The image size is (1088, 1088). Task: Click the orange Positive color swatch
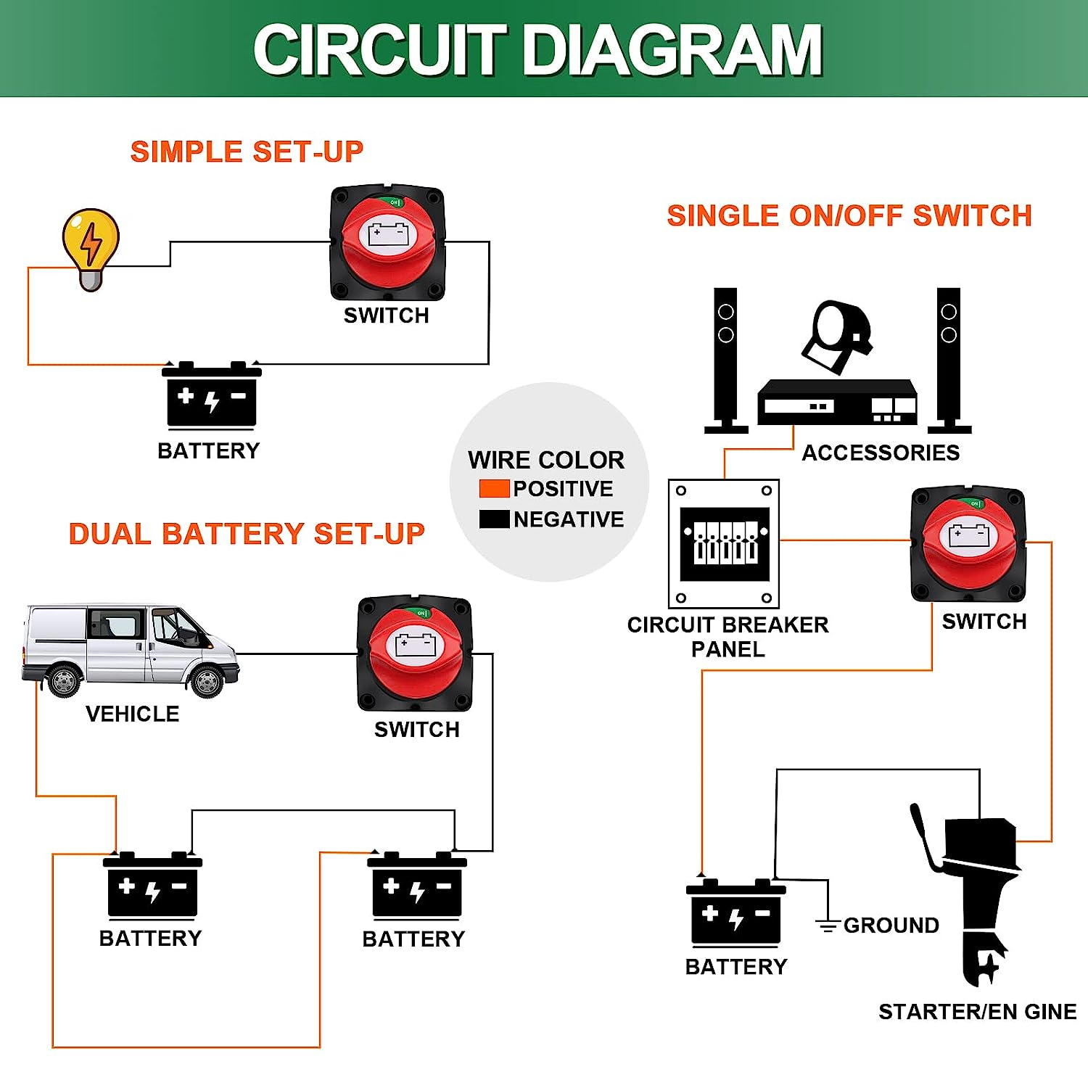(494, 489)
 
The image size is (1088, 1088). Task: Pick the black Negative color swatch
(494, 519)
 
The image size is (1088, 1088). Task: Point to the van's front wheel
(207, 682)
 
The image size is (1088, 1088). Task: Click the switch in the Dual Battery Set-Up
(415, 654)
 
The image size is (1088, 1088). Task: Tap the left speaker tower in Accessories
(725, 359)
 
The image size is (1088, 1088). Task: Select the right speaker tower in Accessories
(949, 359)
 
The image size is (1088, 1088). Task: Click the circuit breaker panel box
(723, 543)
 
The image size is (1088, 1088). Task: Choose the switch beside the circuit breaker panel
(968, 544)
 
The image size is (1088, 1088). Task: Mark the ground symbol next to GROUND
(828, 925)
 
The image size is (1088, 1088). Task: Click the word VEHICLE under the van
(132, 714)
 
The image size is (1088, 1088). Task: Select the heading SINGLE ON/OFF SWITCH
(849, 216)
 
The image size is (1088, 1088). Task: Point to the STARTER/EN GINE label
(977, 1011)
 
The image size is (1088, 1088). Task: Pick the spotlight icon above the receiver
(838, 335)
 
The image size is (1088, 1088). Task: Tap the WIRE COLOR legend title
(545, 460)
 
